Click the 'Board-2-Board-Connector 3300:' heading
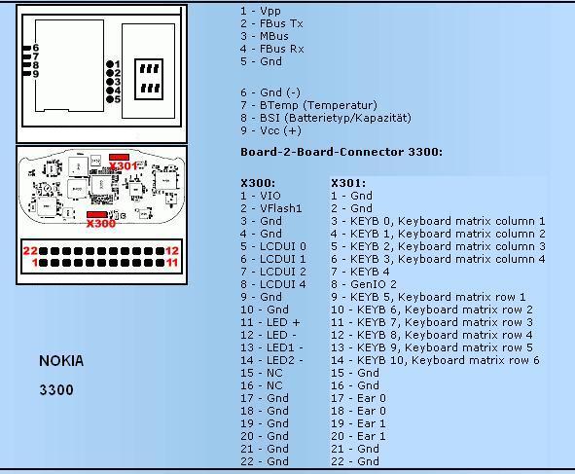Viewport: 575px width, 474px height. click(x=341, y=152)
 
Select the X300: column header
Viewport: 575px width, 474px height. click(x=258, y=183)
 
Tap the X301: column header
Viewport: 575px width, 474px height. click(x=348, y=183)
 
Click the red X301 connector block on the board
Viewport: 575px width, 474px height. click(x=119, y=157)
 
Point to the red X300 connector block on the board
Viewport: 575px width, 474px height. click(x=97, y=215)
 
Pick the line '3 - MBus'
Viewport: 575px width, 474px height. click(x=265, y=36)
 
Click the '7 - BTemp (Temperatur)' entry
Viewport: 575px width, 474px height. click(x=308, y=105)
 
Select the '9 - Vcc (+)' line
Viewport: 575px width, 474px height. click(x=270, y=130)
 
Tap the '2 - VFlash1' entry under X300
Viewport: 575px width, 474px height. click(x=271, y=208)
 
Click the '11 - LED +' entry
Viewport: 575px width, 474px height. click(x=270, y=322)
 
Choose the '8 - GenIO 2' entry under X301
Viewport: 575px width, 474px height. click(x=364, y=284)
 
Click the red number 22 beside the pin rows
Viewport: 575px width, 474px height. click(x=30, y=251)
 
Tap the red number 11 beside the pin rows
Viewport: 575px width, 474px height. click(x=172, y=263)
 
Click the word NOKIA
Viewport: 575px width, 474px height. click(x=61, y=361)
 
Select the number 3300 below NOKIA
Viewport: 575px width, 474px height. click(x=56, y=389)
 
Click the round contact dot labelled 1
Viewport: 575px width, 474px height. click(x=110, y=64)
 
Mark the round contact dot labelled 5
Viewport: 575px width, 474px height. click(x=110, y=99)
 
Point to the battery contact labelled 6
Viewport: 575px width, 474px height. click(x=27, y=48)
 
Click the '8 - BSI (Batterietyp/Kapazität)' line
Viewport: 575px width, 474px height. click(x=326, y=118)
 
